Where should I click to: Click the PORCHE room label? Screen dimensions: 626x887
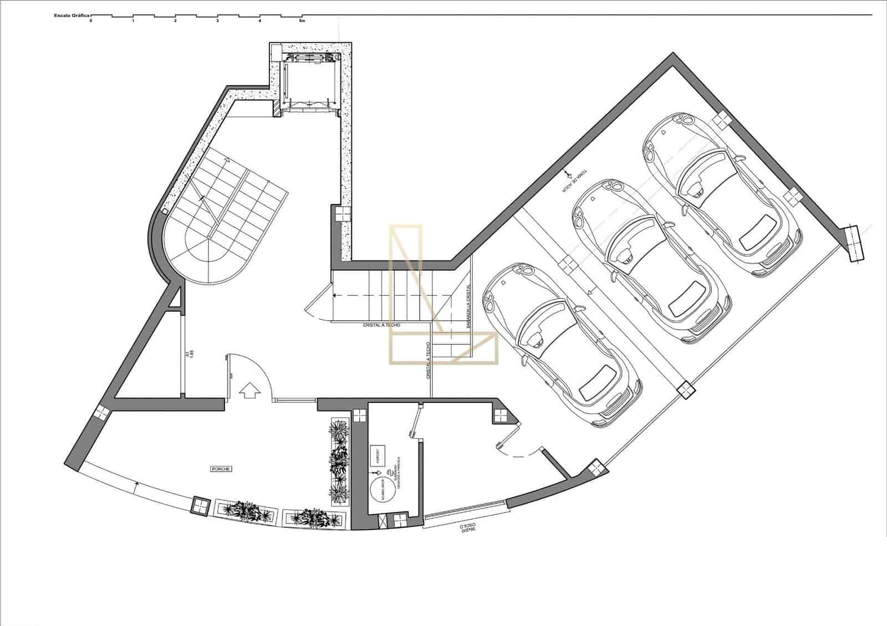(x=221, y=469)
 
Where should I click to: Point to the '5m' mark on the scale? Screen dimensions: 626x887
(x=302, y=21)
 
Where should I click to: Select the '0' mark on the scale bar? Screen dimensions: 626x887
(x=91, y=21)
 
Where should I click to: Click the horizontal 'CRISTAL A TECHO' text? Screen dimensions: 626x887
(x=381, y=325)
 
